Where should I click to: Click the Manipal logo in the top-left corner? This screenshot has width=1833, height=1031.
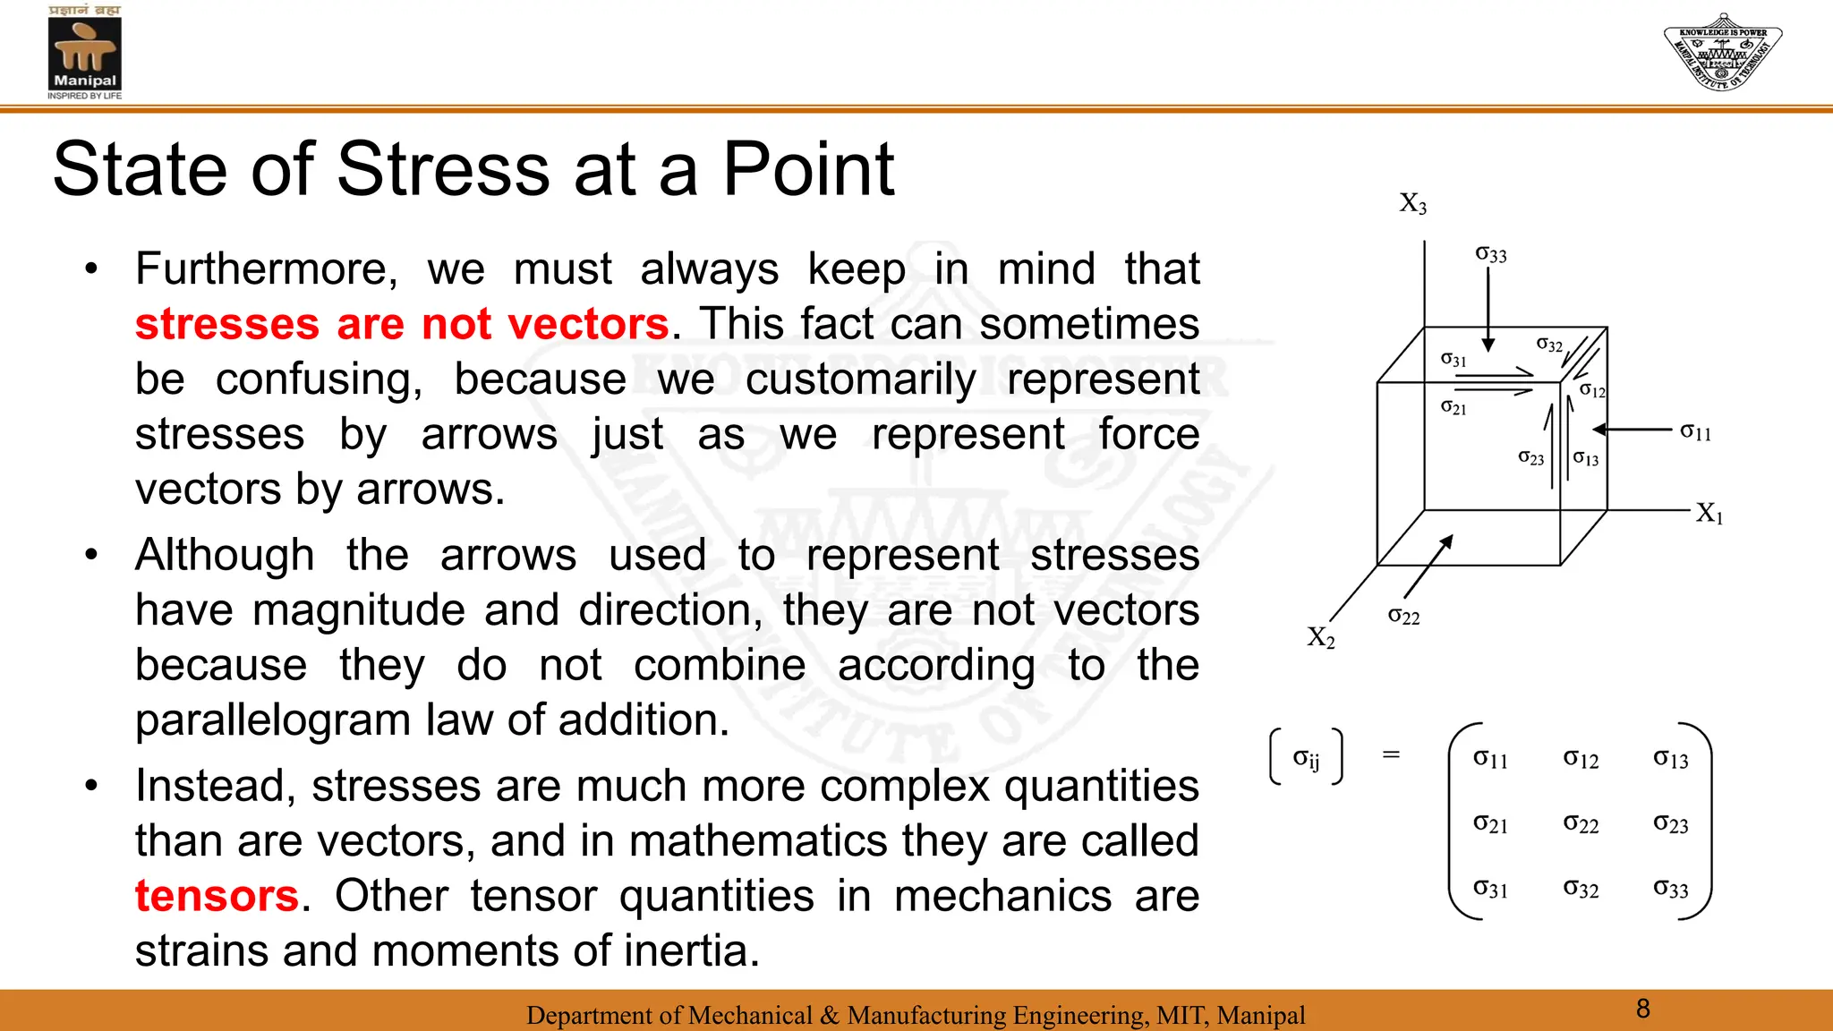tap(84, 52)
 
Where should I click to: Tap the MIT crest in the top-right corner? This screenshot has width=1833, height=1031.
tap(1722, 51)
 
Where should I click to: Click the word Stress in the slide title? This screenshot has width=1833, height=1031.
tap(443, 169)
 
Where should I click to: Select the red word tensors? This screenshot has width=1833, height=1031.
tap(217, 896)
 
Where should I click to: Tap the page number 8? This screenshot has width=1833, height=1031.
tap(1642, 1009)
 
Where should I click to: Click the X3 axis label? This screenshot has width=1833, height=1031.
tap(1412, 204)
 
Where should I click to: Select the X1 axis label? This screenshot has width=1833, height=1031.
tap(1709, 514)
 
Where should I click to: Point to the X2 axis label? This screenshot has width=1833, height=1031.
tap(1320, 637)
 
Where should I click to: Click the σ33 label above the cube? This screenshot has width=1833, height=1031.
tap(1490, 255)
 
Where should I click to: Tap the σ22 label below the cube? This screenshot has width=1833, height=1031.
tap(1403, 616)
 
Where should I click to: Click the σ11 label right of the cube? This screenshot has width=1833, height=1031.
tap(1695, 432)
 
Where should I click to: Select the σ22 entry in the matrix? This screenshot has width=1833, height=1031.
tap(1581, 823)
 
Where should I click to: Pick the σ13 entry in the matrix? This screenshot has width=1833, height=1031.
tap(1670, 759)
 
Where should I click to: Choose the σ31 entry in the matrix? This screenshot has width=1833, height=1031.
tap(1490, 889)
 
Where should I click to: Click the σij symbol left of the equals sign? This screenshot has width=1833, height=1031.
tap(1306, 759)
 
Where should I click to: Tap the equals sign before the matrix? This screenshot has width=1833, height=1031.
tap(1391, 754)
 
